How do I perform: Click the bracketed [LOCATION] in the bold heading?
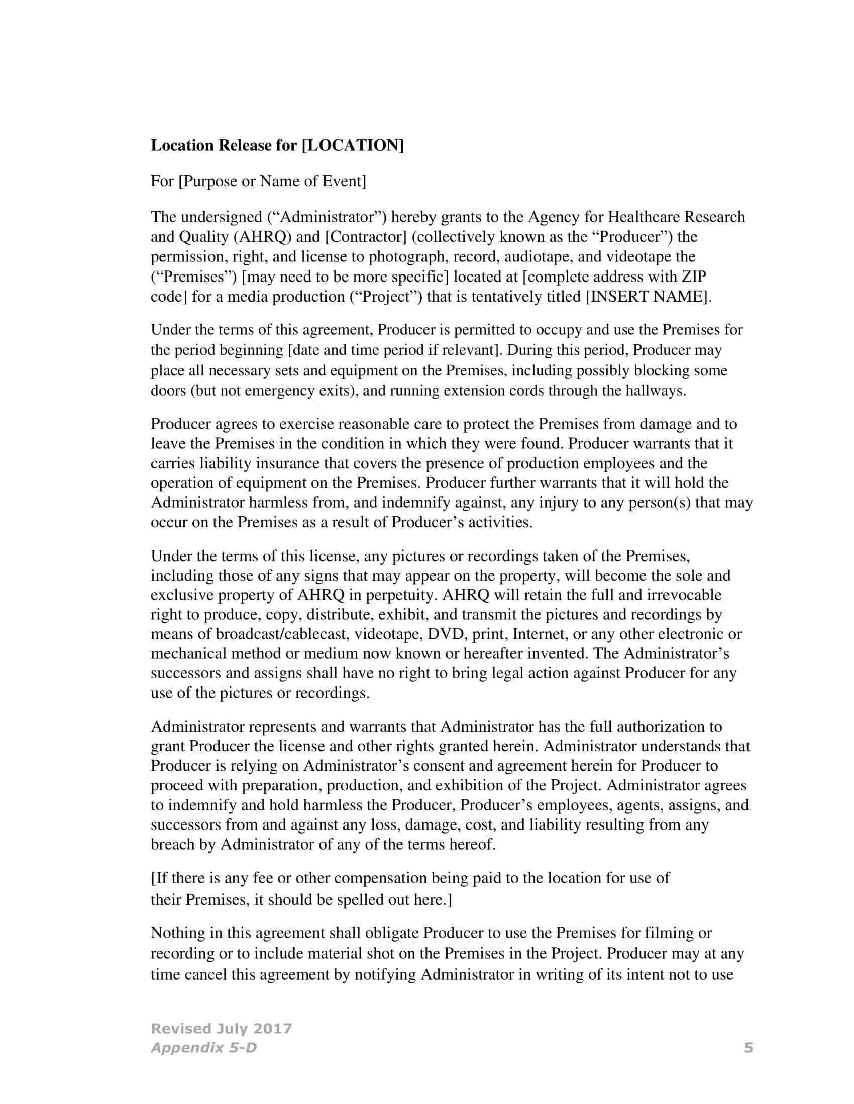click(x=353, y=145)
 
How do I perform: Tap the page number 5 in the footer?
click(x=749, y=1047)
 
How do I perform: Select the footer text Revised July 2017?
click(x=222, y=1028)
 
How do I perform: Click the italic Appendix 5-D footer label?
click(x=203, y=1047)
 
